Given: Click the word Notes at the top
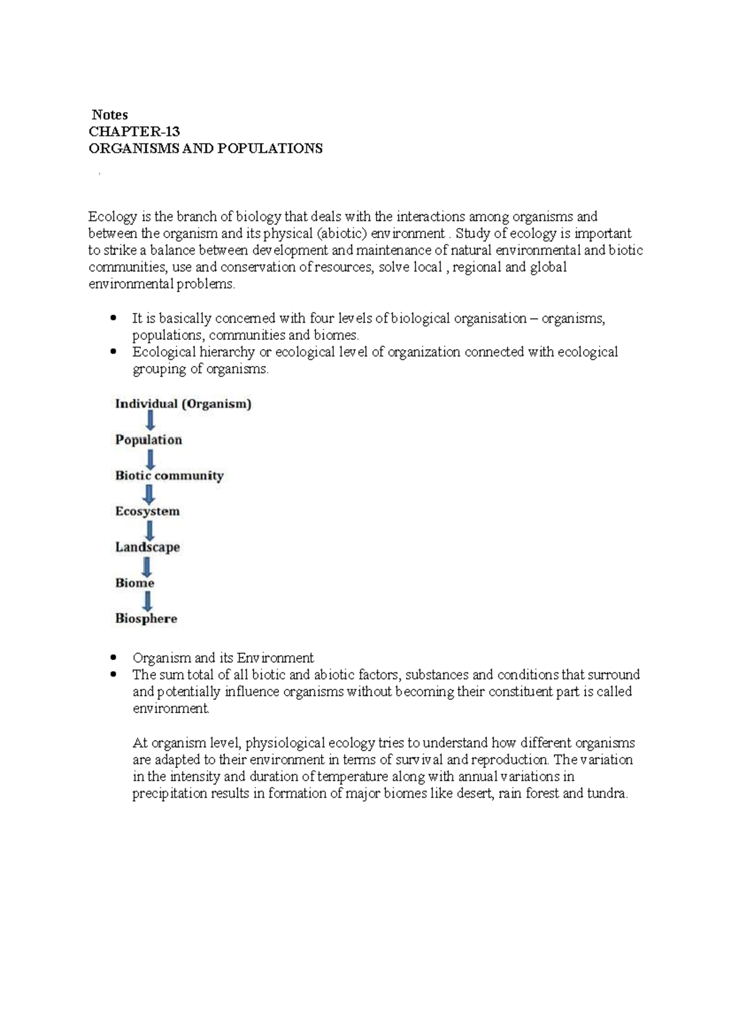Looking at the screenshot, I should (110, 114).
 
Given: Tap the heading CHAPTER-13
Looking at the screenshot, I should (134, 132).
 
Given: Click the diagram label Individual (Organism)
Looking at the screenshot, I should (183, 404).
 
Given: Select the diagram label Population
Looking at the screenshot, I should (149, 440).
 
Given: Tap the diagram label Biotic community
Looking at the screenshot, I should (169, 476).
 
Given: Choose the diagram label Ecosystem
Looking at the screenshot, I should (147, 512).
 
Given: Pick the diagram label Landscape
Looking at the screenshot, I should (147, 547).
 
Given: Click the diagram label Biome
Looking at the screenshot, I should (135, 583).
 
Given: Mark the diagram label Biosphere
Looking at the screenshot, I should (146, 619).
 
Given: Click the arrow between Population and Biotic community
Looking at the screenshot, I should (149, 458).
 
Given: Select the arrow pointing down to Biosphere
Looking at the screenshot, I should (147, 601).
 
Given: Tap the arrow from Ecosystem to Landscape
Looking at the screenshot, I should (148, 530).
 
